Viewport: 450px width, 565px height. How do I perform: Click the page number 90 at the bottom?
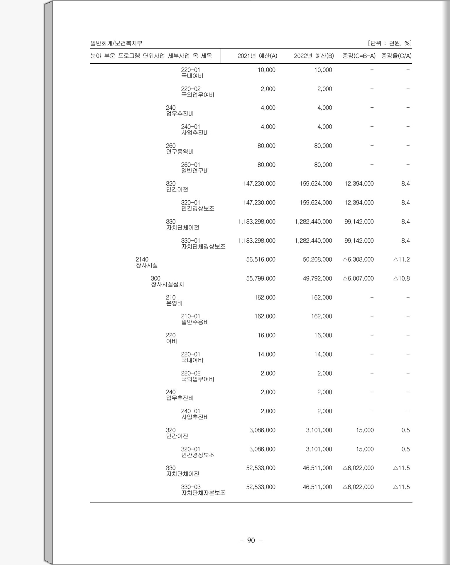pyautogui.click(x=251, y=540)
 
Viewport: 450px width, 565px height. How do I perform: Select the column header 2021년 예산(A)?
pyautogui.click(x=257, y=56)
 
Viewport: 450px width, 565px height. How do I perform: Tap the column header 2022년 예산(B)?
pyautogui.click(x=314, y=56)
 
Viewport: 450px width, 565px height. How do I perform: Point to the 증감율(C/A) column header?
pyautogui.click(x=396, y=56)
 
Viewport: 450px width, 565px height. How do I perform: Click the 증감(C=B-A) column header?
pyautogui.click(x=359, y=56)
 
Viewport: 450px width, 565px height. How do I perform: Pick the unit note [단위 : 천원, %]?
pyautogui.click(x=390, y=43)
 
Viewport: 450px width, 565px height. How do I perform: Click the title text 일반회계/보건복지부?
pyautogui.click(x=116, y=43)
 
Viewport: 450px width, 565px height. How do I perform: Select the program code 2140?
pyautogui.click(x=142, y=259)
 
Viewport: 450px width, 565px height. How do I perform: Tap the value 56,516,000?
pyautogui.click(x=260, y=259)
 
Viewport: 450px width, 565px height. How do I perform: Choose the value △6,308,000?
pyautogui.click(x=358, y=259)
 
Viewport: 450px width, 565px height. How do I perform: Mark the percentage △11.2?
pyautogui.click(x=401, y=259)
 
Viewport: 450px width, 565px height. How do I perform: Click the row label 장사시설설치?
pyautogui.click(x=168, y=284)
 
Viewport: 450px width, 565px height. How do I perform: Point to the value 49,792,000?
pyautogui.click(x=317, y=278)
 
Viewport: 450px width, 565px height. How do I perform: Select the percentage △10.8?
pyautogui.click(x=401, y=278)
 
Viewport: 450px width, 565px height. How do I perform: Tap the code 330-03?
pyautogui.click(x=191, y=487)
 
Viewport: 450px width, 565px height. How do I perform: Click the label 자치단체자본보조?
pyautogui.click(x=203, y=493)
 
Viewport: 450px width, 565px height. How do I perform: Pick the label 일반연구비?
pyautogui.click(x=195, y=171)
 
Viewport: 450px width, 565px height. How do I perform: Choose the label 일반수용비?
pyautogui.click(x=195, y=322)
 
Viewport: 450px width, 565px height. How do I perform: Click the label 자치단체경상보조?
pyautogui.click(x=203, y=246)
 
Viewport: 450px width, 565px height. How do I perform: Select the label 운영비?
pyautogui.click(x=174, y=303)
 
